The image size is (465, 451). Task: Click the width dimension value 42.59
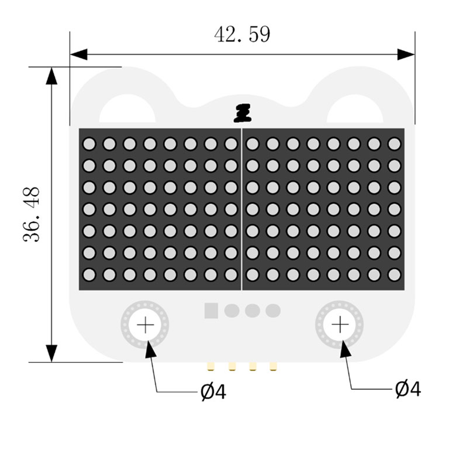[242, 34]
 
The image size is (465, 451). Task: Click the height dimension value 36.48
[32, 214]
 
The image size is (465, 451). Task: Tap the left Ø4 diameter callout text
[213, 392]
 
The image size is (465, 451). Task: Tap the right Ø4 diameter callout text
[408, 389]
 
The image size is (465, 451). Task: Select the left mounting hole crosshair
[145, 325]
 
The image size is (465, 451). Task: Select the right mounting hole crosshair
[340, 325]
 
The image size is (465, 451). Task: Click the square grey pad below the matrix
[211, 311]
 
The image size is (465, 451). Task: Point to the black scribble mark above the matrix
[243, 113]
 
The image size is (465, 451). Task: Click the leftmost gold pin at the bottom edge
[211, 366]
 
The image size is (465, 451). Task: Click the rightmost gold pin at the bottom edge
[273, 366]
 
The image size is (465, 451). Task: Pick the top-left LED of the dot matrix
[89, 144]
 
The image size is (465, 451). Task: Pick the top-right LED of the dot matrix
[394, 144]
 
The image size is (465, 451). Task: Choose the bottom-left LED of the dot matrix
[89, 275]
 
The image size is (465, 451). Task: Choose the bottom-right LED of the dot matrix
[394, 275]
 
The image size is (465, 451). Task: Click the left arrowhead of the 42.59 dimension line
[78, 54]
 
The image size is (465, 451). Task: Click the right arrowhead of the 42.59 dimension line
[407, 54]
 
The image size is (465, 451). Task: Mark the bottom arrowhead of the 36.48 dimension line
[51, 353]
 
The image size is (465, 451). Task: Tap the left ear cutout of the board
[127, 110]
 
